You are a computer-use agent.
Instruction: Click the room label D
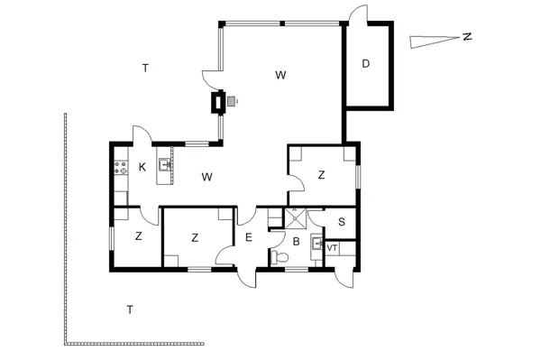[x=366, y=63]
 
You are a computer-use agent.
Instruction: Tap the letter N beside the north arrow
[x=466, y=37]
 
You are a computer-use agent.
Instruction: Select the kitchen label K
[x=142, y=167]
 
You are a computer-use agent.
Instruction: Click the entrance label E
[x=249, y=238]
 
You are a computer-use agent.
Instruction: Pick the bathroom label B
[x=295, y=241]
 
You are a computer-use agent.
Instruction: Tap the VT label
[x=332, y=248]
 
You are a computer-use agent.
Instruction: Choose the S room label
[x=341, y=222]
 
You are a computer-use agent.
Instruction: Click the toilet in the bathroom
[x=281, y=258]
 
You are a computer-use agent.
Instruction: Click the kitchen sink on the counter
[x=165, y=165]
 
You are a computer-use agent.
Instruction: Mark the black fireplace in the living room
[x=217, y=103]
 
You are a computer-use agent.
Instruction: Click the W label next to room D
[x=280, y=76]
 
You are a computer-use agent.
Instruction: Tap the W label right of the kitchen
[x=206, y=177]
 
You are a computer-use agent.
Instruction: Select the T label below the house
[x=130, y=309]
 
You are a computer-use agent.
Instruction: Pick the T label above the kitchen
[x=145, y=68]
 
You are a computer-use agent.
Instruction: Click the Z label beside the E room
[x=195, y=238]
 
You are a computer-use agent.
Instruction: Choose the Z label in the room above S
[x=321, y=176]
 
